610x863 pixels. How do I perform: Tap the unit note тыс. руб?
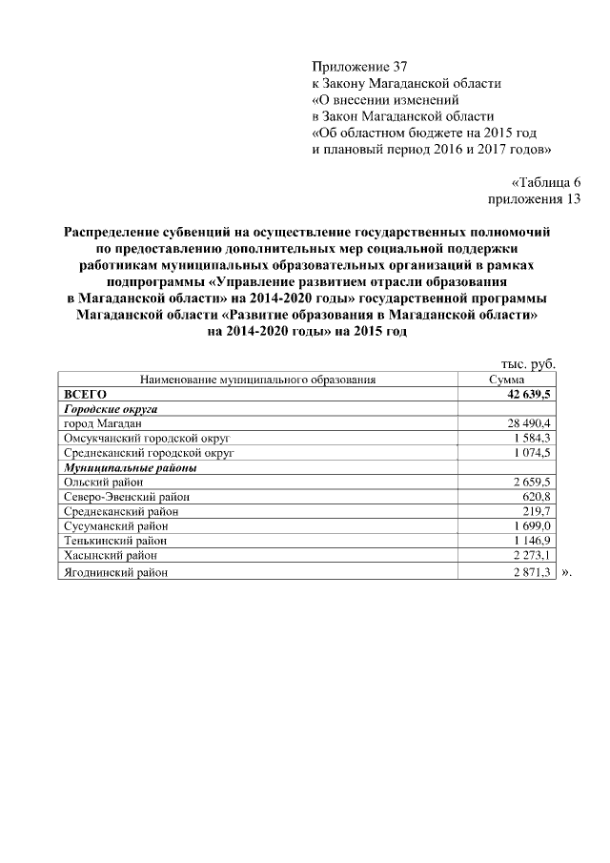tap(528, 363)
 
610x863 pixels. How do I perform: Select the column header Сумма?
tap(507, 379)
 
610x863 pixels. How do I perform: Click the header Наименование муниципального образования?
tap(258, 379)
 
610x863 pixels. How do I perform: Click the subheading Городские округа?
tap(110, 407)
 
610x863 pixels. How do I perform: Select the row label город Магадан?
tap(103, 422)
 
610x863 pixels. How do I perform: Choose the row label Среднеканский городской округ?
tap(148, 453)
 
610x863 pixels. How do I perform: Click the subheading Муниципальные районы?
tap(130, 467)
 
